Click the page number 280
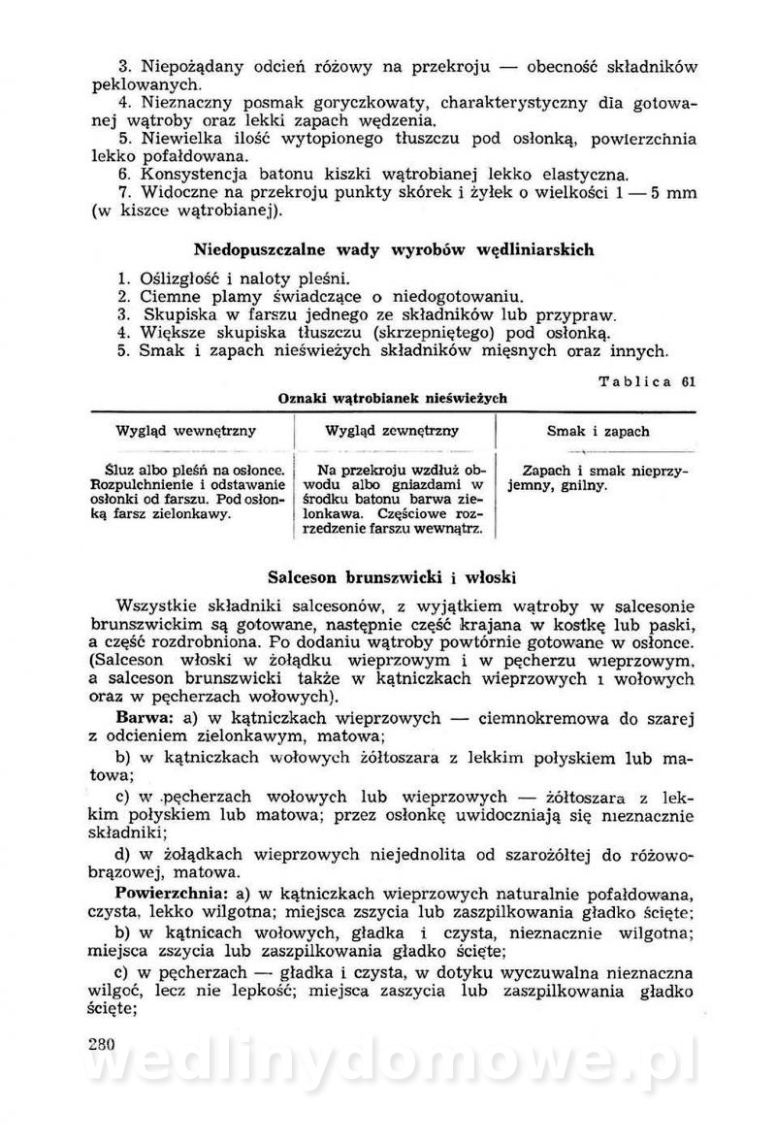[x=101, y=1044]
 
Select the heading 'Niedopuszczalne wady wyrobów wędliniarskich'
[x=394, y=249]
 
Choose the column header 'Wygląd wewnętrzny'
[x=185, y=431]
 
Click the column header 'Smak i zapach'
[x=598, y=431]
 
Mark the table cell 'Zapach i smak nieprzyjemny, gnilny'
[x=598, y=475]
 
